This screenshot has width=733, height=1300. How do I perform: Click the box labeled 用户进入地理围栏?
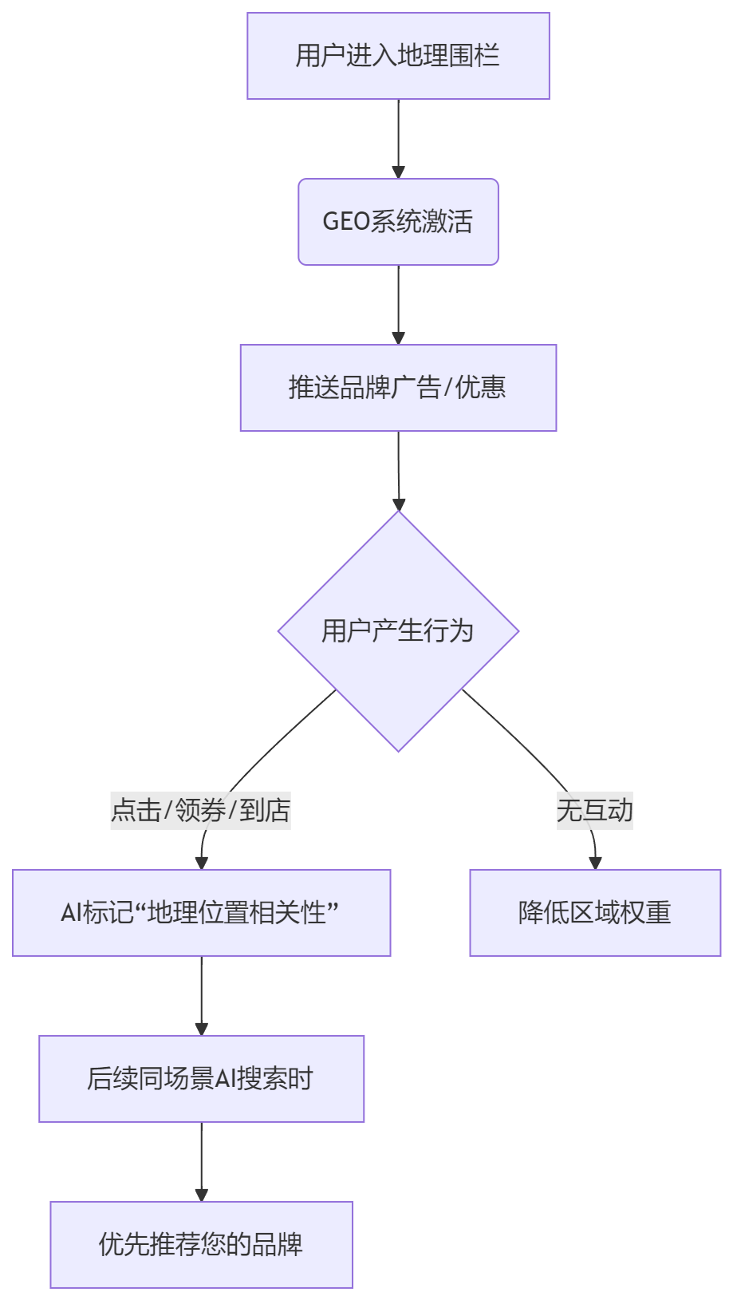(x=398, y=56)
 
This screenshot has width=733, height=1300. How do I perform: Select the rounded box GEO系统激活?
(x=398, y=221)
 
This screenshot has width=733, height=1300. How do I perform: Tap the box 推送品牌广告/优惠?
(x=398, y=388)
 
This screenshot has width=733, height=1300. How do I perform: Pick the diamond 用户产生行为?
(x=398, y=630)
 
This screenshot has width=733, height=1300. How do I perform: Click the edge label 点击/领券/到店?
(x=200, y=811)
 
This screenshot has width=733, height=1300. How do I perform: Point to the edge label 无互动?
(x=594, y=811)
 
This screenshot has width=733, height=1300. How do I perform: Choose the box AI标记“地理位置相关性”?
(x=201, y=912)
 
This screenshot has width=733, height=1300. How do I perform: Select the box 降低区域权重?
(x=595, y=912)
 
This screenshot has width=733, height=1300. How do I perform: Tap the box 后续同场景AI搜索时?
(x=201, y=1079)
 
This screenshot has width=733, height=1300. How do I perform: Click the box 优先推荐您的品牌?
(x=201, y=1244)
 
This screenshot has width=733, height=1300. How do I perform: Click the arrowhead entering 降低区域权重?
(x=595, y=862)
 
